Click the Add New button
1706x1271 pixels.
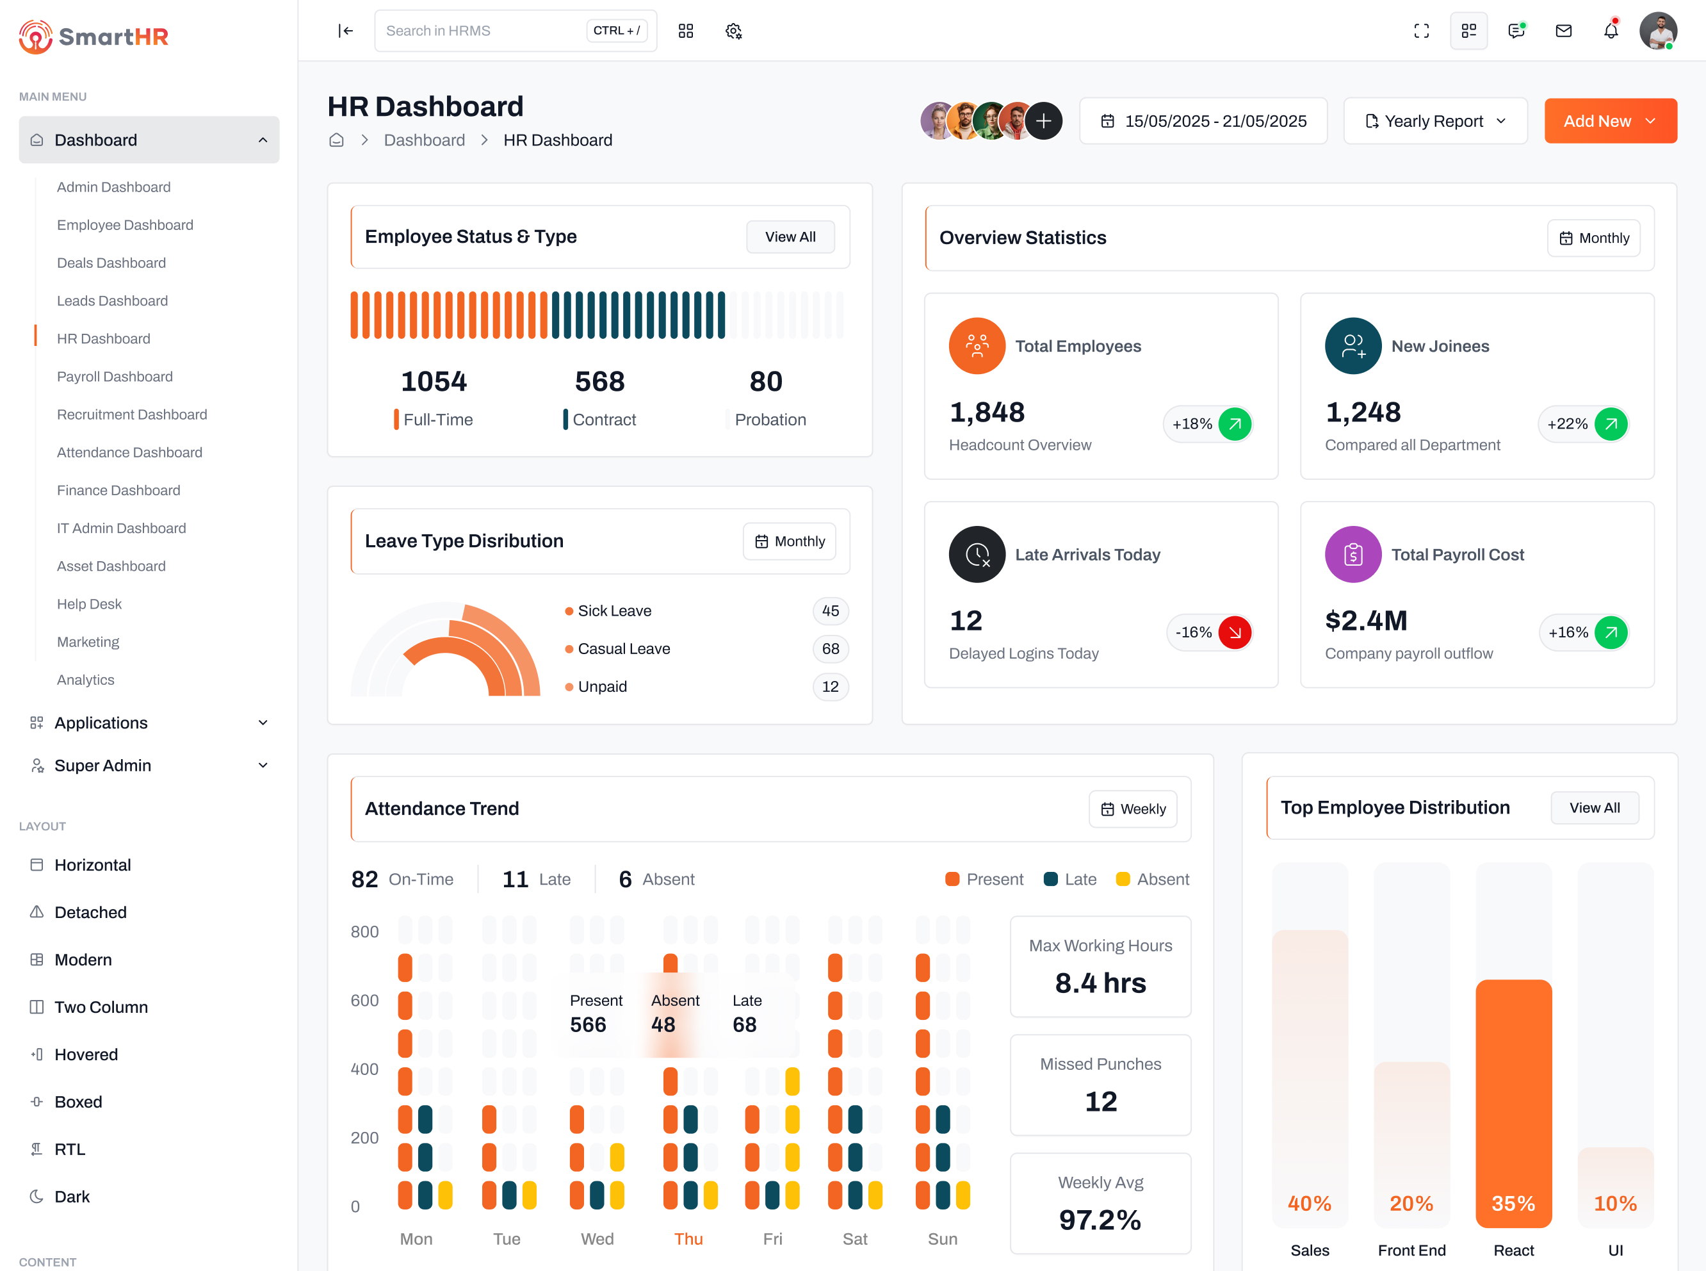pyautogui.click(x=1610, y=121)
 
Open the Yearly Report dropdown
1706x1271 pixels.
pyautogui.click(x=1434, y=121)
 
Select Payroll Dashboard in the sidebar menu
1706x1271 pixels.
pyautogui.click(x=115, y=376)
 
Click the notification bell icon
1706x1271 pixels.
pyautogui.click(x=1611, y=31)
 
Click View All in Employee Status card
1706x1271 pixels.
pyautogui.click(x=790, y=237)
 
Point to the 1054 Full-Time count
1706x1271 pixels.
pyautogui.click(x=434, y=382)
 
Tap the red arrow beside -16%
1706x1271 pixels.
pyautogui.click(x=1235, y=632)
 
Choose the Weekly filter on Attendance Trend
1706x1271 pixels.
pyautogui.click(x=1132, y=808)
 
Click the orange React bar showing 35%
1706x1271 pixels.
pyautogui.click(x=1513, y=1100)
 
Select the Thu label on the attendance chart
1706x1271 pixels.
pyautogui.click(x=688, y=1239)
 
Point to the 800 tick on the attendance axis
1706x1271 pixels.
pyautogui.click(x=364, y=931)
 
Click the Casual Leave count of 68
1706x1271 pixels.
pyautogui.click(x=830, y=648)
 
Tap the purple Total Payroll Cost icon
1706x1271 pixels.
pyautogui.click(x=1353, y=554)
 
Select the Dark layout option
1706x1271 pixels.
pyautogui.click(x=72, y=1197)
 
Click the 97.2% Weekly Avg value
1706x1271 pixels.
pyautogui.click(x=1100, y=1220)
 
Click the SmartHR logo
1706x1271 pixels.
pyautogui.click(x=94, y=36)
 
